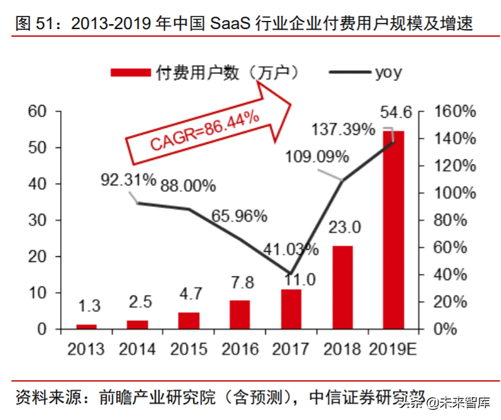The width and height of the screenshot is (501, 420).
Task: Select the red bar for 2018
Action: [342, 287]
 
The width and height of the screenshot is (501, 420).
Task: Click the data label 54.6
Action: [396, 113]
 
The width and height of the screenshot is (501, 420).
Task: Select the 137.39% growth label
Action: [343, 130]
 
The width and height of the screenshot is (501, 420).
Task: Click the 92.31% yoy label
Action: [128, 179]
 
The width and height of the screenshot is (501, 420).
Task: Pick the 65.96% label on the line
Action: [239, 216]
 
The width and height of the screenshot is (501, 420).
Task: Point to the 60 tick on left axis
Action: [37, 112]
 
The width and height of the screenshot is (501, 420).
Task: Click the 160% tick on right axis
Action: [454, 112]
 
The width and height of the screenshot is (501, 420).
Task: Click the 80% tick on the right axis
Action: [454, 221]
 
